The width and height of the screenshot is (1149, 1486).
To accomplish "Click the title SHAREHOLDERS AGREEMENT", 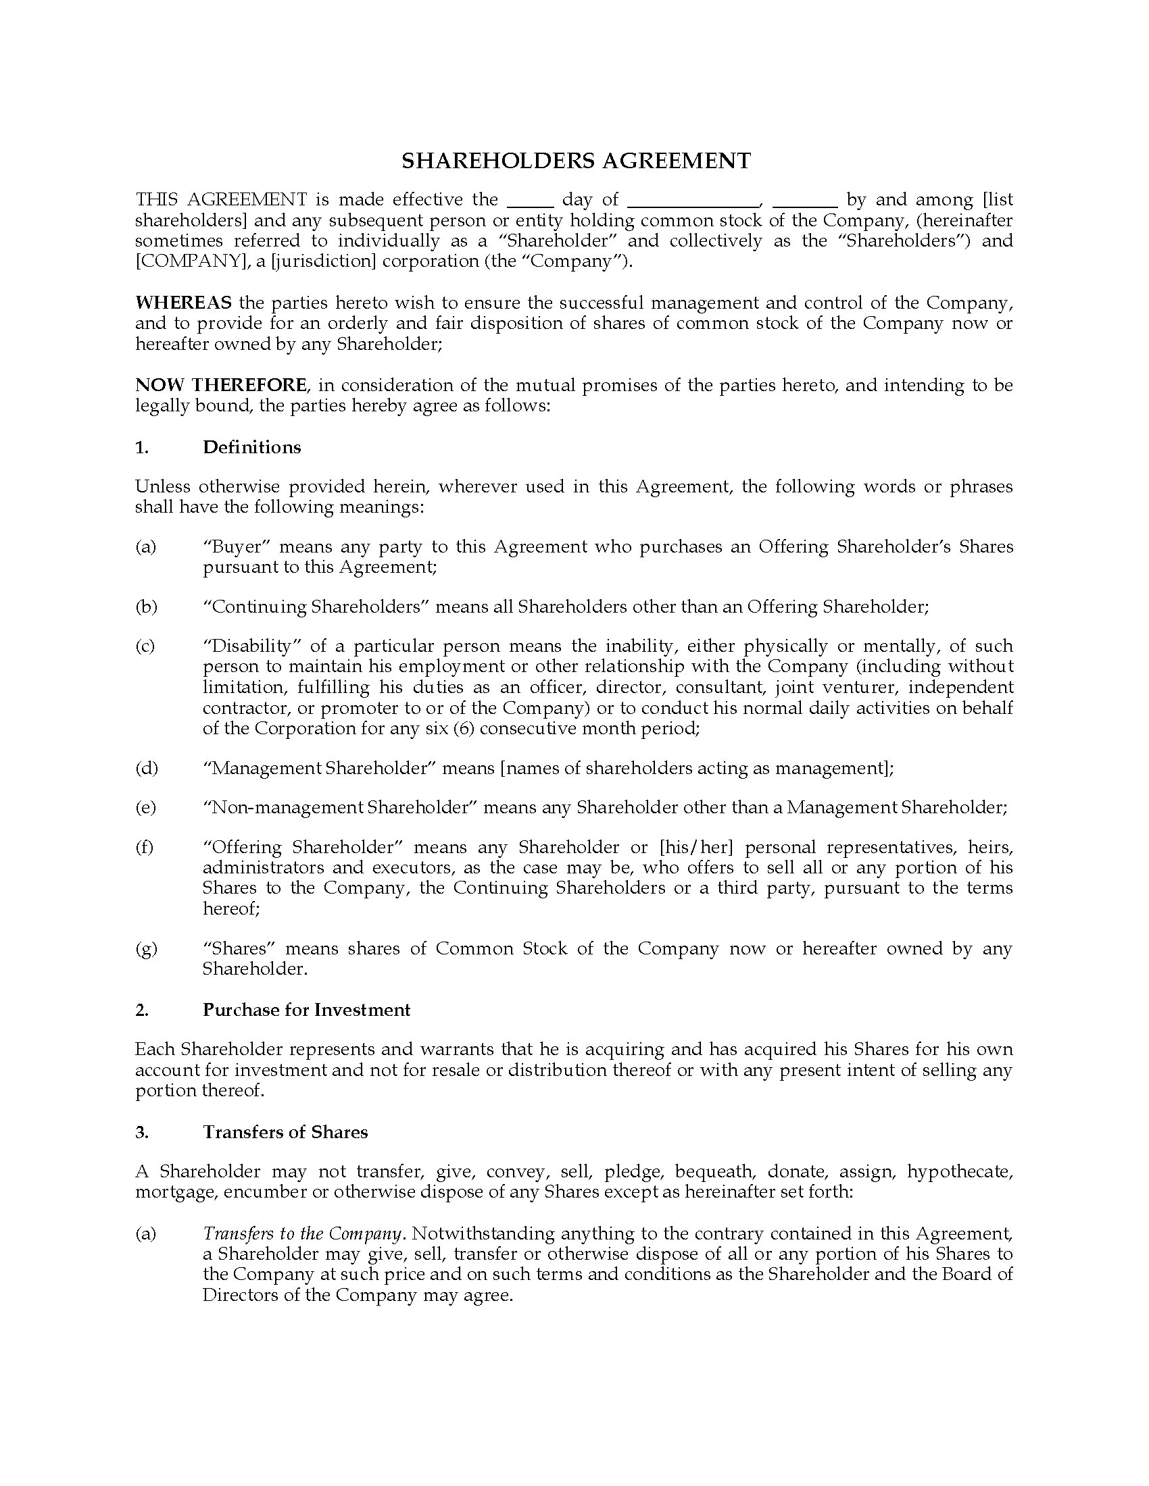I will click(x=575, y=161).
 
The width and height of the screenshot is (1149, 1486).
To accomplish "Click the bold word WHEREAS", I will click(x=183, y=302).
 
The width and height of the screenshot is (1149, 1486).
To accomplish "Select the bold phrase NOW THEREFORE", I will click(x=220, y=385).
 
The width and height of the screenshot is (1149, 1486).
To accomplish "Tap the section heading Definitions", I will click(x=252, y=447).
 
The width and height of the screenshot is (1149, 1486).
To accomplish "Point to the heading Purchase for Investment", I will click(x=306, y=1010).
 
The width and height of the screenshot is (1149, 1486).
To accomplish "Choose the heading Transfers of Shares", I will click(x=285, y=1132).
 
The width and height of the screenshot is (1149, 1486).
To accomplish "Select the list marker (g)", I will click(x=146, y=948).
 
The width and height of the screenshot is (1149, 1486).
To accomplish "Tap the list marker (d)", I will click(x=146, y=768).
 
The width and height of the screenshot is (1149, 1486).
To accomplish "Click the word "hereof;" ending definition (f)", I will click(x=230, y=908).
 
